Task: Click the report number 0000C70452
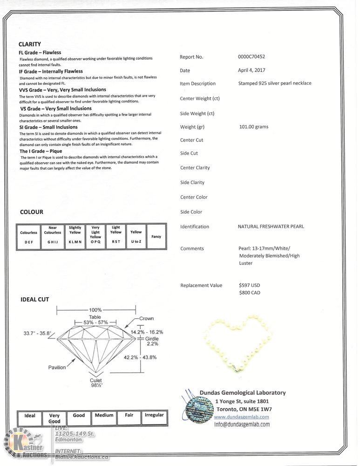coord(251,57)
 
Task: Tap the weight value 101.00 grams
coord(253,127)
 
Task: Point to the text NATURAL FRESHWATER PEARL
coord(271,226)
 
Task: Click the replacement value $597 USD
coord(249,285)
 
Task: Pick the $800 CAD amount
coord(249,293)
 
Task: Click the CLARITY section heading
coord(30,44)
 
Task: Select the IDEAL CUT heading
coord(34,299)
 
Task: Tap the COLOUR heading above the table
coord(32,212)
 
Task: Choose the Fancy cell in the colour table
coord(156,237)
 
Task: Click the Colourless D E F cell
coord(28,237)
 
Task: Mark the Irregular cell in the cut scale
coord(154,415)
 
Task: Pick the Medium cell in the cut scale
coord(104,415)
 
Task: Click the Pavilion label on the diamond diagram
coord(57,368)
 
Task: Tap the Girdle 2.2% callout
coord(152,341)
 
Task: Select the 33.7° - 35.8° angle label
coord(38,333)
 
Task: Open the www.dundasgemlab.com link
coord(241,417)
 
